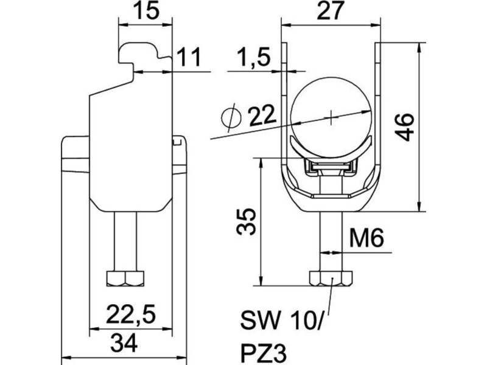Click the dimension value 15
click(x=146, y=11)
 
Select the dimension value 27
click(x=331, y=11)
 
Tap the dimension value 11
click(x=189, y=57)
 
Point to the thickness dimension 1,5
click(x=254, y=57)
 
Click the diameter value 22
click(x=262, y=115)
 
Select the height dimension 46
click(x=404, y=127)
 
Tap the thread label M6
click(x=367, y=238)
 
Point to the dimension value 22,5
click(x=130, y=314)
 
